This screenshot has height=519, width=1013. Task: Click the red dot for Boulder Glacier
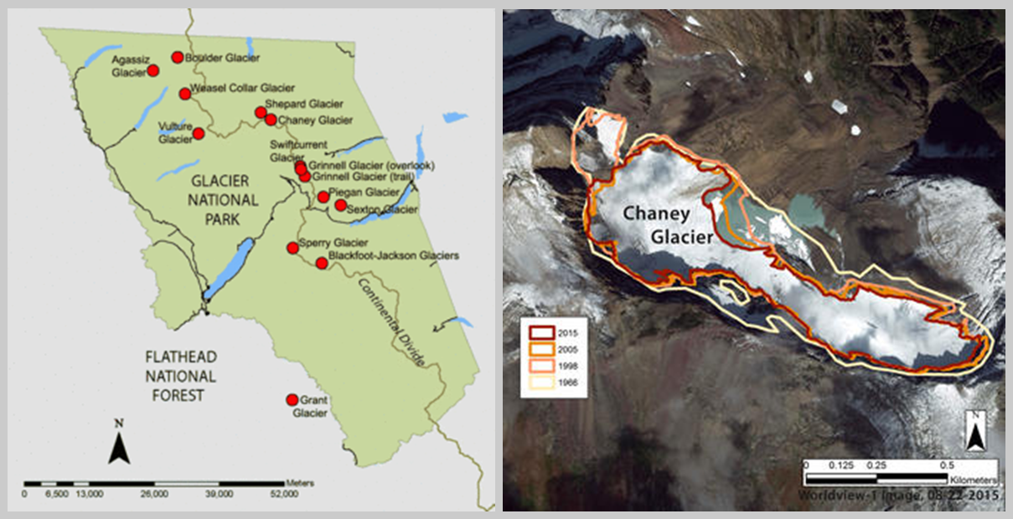177,57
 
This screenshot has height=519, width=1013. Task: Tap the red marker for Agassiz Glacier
153,71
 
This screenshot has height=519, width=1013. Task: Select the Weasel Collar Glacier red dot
183,93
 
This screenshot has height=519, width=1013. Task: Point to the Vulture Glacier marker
199,133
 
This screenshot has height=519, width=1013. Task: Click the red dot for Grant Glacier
292,400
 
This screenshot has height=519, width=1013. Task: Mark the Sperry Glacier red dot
292,247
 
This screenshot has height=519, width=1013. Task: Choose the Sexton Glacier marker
340,205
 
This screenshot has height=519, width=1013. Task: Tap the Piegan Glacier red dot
323,197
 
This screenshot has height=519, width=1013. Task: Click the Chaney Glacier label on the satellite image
669,226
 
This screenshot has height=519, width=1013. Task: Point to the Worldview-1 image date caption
900,495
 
